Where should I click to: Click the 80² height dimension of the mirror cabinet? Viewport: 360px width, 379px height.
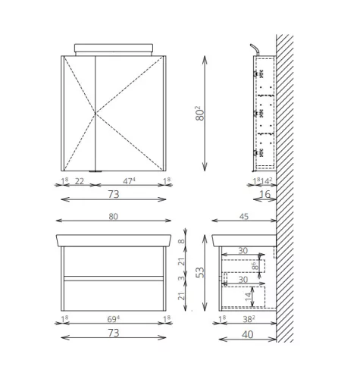coord(199,113)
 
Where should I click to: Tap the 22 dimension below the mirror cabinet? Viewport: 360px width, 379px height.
coord(80,181)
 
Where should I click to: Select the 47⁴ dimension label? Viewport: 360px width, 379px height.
coord(129,181)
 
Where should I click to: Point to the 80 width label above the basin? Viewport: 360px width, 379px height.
coord(114,217)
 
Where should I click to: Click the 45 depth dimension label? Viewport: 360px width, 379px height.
coord(244,217)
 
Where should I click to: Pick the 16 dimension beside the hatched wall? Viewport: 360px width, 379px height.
coord(265,194)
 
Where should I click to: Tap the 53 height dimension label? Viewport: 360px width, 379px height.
coord(199,272)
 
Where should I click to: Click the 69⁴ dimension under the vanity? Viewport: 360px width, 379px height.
coord(114,319)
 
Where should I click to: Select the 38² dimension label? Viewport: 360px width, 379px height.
coord(249,319)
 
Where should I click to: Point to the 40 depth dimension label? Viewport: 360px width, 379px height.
coord(247,334)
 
